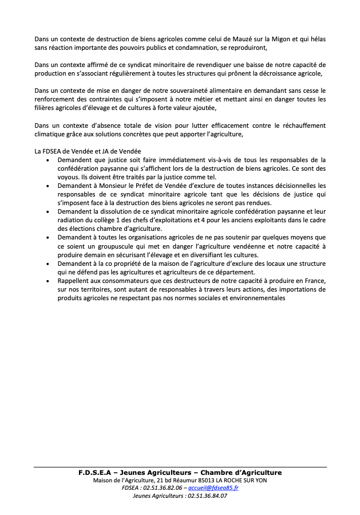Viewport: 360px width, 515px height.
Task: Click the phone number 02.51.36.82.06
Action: tap(164, 488)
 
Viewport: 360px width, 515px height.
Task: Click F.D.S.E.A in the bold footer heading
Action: tap(98, 472)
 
